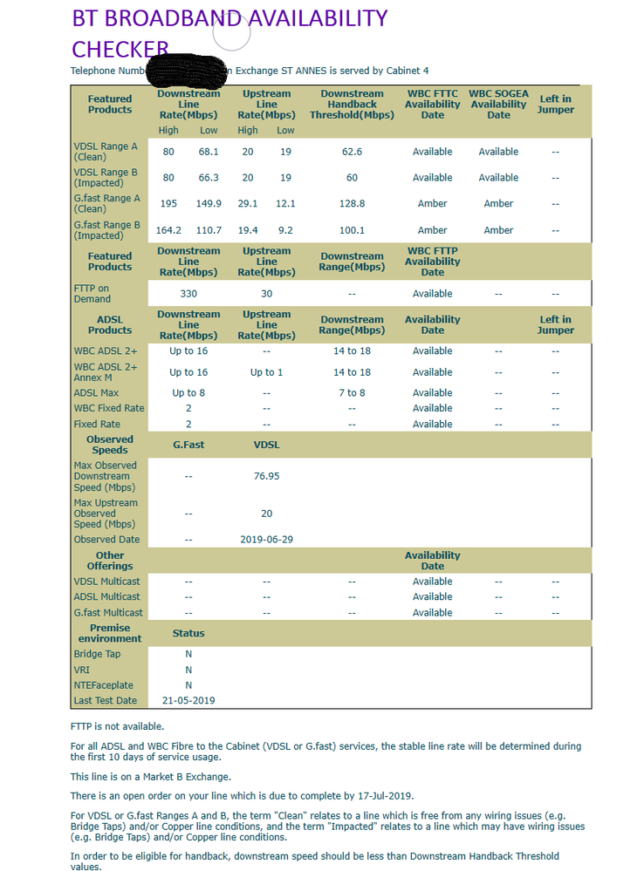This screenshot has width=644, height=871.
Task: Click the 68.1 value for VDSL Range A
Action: click(x=209, y=152)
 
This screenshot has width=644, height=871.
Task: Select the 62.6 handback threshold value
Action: click(x=352, y=152)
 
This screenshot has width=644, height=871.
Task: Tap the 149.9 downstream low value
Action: click(x=209, y=204)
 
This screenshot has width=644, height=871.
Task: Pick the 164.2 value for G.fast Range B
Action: click(x=168, y=230)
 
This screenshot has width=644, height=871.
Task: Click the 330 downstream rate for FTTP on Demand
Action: click(x=188, y=294)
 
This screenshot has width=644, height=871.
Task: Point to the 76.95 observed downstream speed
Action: click(x=266, y=476)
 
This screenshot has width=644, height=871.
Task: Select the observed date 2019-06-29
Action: click(x=266, y=540)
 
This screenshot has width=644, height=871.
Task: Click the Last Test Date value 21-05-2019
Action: click(x=188, y=700)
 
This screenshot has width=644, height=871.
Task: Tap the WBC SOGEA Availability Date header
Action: click(x=498, y=104)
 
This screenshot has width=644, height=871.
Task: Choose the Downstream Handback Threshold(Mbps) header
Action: click(x=352, y=104)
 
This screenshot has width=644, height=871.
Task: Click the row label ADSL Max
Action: click(x=97, y=393)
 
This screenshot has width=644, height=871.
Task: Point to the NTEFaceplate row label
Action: click(x=103, y=685)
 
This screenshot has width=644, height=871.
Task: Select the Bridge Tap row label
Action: click(x=98, y=654)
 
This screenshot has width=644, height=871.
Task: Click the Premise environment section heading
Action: click(x=110, y=633)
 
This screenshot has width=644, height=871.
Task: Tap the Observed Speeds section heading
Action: click(x=110, y=445)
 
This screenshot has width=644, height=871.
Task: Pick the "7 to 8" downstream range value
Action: click(x=352, y=393)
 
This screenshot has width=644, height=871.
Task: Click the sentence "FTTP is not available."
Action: click(x=117, y=726)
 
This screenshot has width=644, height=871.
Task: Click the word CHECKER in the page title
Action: click(x=120, y=49)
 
